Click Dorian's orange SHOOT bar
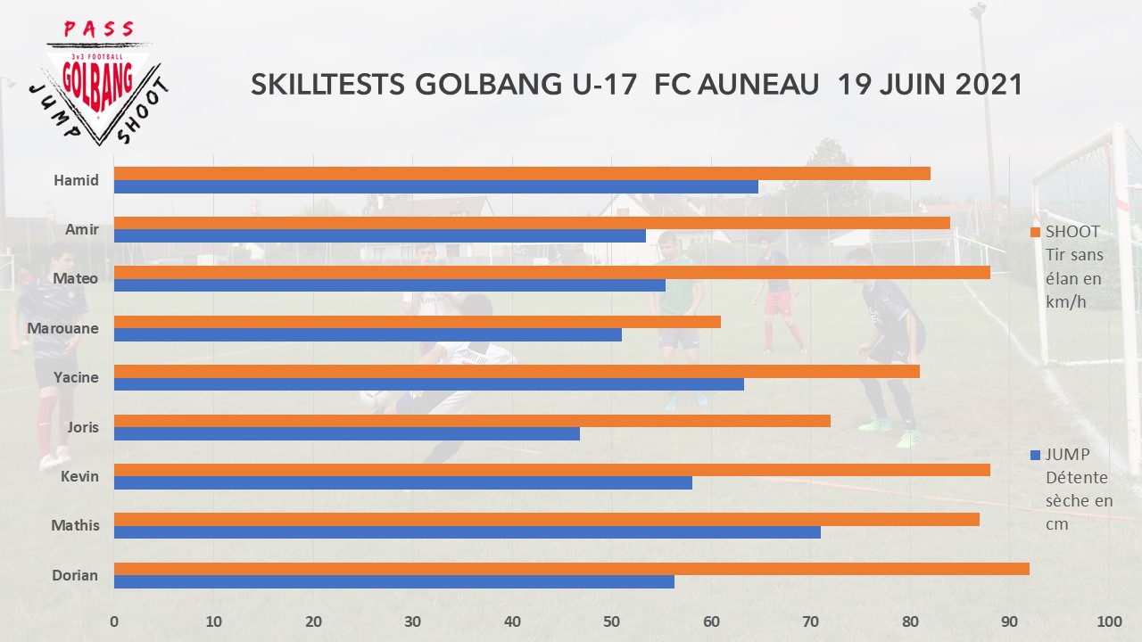tap(571, 569)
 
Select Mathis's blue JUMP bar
tap(467, 532)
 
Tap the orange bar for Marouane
tap(417, 322)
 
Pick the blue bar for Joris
tap(346, 433)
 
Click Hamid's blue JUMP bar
tap(435, 187)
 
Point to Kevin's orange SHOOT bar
tap(551, 470)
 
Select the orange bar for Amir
tap(531, 223)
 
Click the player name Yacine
tap(76, 377)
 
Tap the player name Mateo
tap(76, 279)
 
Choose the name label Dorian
tap(75, 575)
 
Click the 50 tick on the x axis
tap(611, 622)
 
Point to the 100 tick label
tap(1108, 622)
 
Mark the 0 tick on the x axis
tap(114, 622)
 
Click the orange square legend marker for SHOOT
tap(1036, 232)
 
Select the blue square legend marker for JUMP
tap(1036, 454)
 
